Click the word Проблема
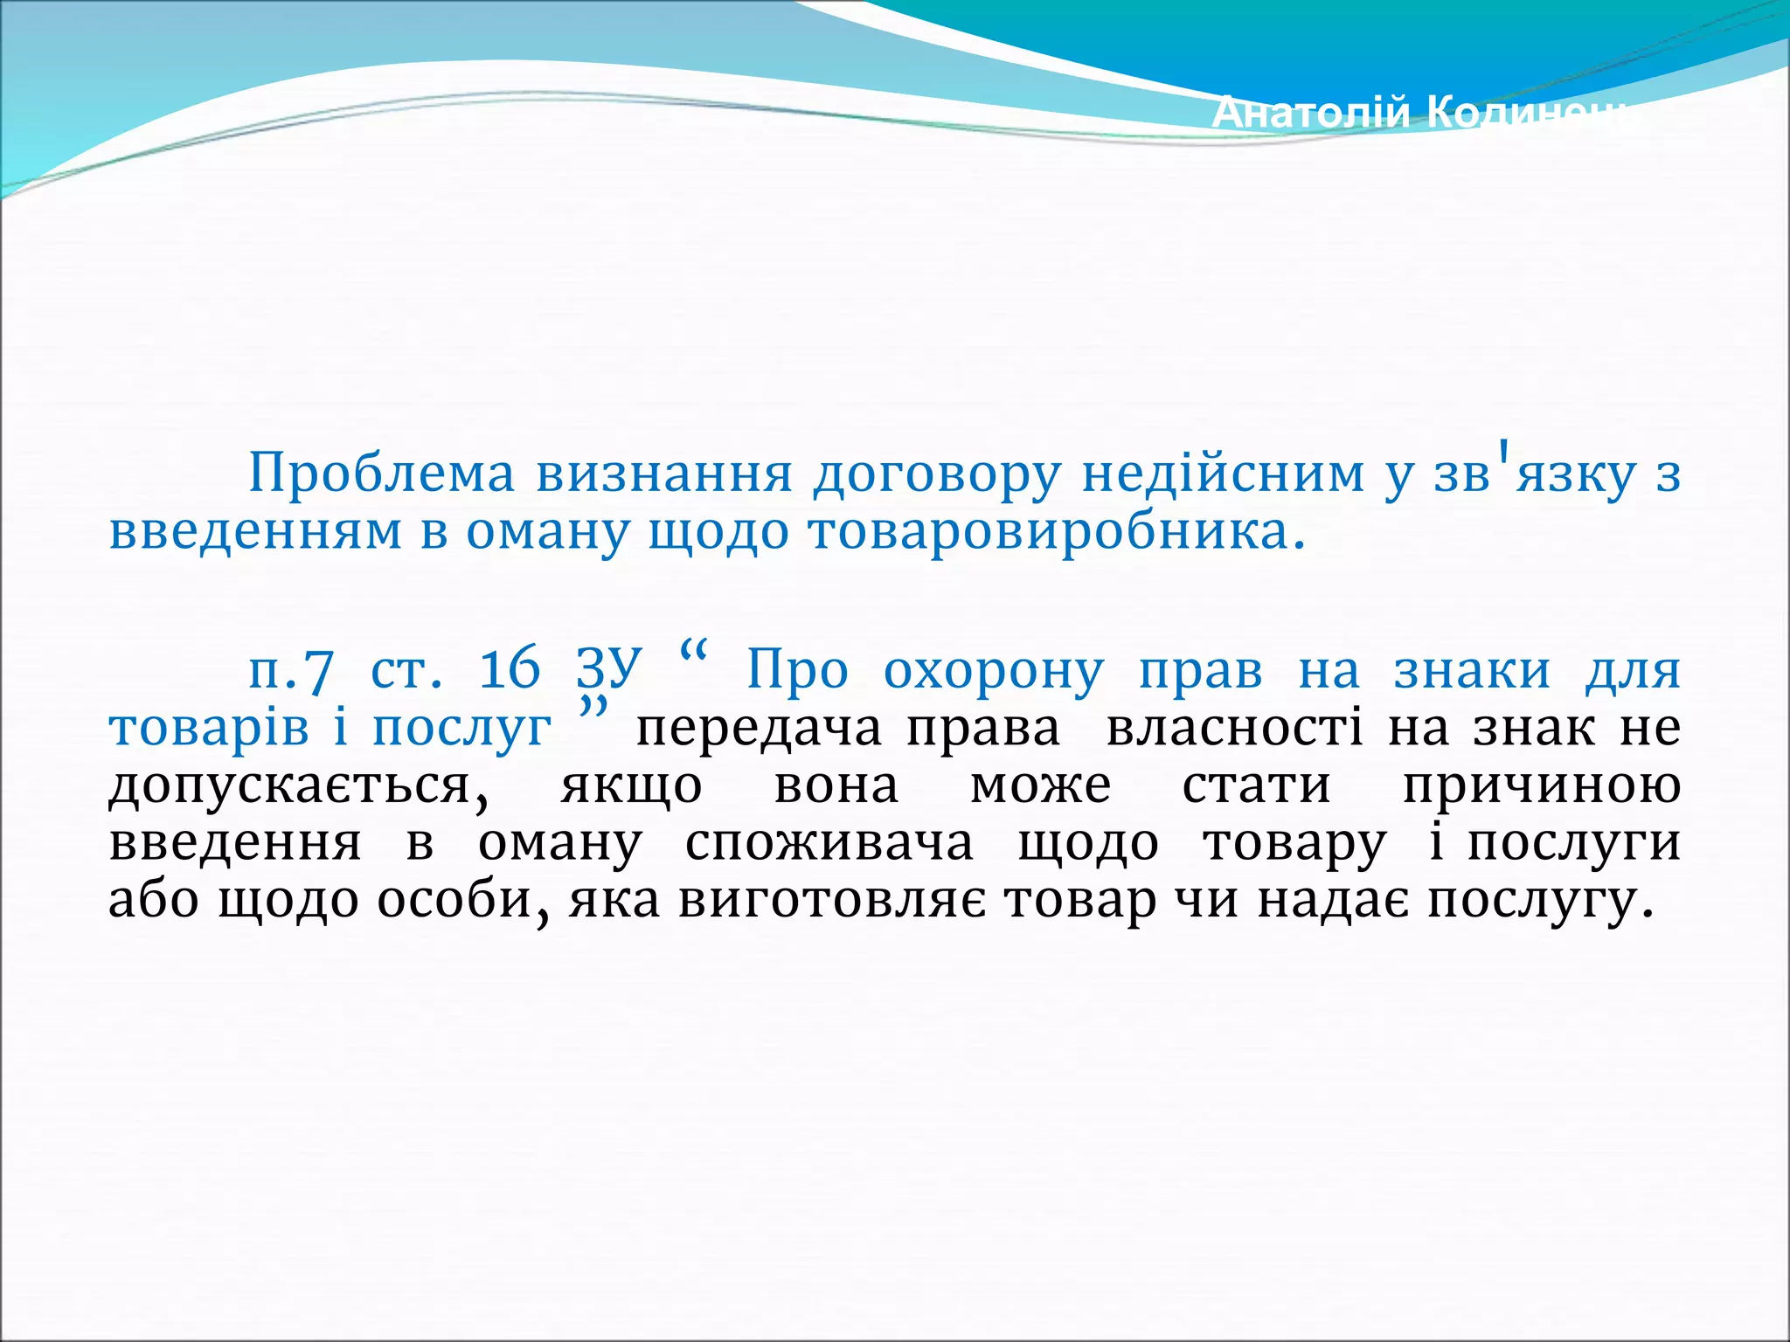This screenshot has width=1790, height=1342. coord(382,474)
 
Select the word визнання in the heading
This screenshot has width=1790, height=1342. coord(664,474)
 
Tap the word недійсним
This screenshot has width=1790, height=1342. coord(1223,474)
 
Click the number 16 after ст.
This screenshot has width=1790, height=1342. coord(510,671)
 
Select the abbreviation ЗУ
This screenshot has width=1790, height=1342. coord(609,671)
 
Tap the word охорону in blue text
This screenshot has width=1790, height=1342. coord(994,671)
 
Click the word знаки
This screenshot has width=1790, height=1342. coord(1472,671)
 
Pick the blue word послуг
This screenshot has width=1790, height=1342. coord(462,729)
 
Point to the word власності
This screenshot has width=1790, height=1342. coord(1234,729)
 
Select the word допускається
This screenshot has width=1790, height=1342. coord(297,786)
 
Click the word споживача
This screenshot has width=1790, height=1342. coord(829,844)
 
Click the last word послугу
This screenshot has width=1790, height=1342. coord(1540,902)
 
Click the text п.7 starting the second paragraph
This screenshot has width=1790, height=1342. coord(291,671)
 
